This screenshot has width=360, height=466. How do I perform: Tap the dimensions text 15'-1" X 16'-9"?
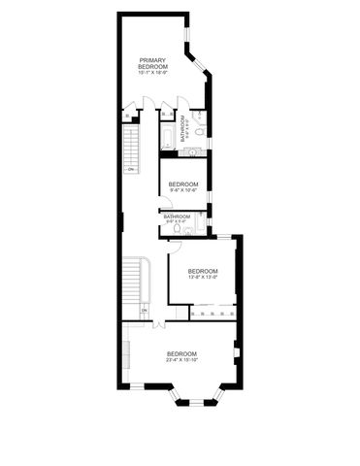(x=152, y=73)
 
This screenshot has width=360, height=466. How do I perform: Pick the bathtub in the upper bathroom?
(x=167, y=135)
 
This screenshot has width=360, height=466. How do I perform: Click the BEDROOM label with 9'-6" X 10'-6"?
(x=183, y=183)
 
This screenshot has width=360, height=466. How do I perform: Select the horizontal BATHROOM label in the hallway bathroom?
(x=177, y=216)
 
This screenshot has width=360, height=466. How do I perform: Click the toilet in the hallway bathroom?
(x=177, y=229)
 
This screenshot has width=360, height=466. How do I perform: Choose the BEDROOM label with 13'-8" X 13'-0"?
(x=203, y=271)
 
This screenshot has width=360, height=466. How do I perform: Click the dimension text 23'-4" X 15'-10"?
(x=181, y=360)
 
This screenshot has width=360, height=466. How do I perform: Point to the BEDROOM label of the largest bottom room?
(x=181, y=352)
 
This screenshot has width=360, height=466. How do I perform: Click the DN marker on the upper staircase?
(x=131, y=170)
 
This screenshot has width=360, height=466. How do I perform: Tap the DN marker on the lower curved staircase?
(x=143, y=311)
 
